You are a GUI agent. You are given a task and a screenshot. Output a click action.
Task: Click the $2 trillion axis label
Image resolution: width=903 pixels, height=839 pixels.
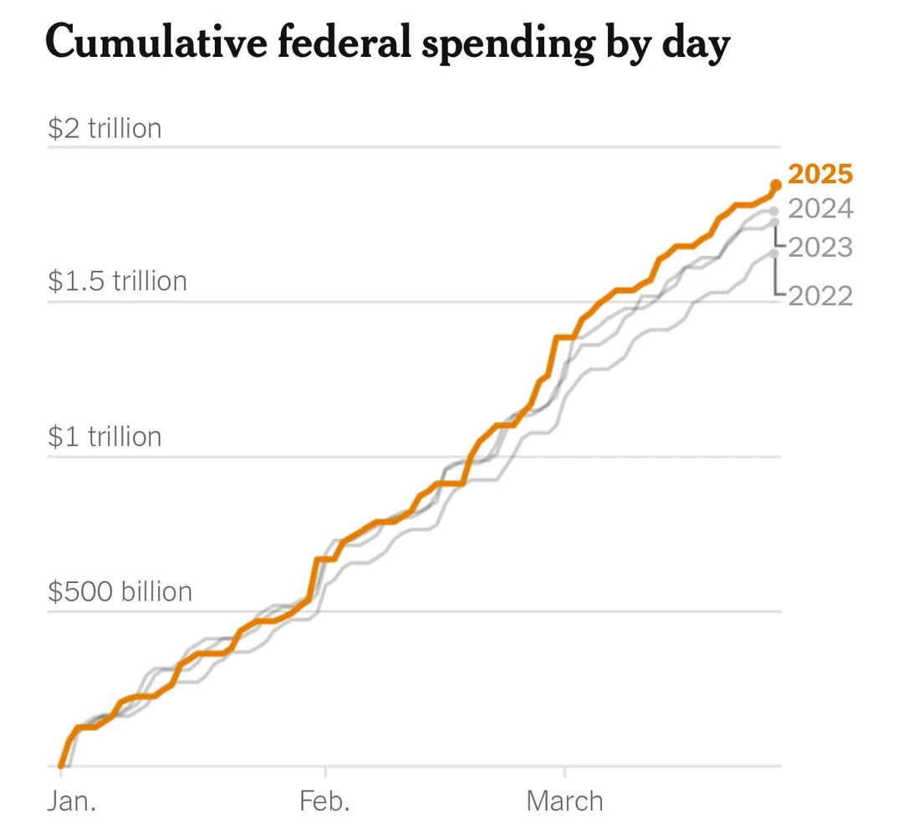[x=105, y=129]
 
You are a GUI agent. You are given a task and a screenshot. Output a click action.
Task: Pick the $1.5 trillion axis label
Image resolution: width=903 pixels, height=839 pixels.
[x=117, y=281]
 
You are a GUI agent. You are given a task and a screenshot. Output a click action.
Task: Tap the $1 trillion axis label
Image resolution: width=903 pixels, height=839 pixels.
[x=105, y=437]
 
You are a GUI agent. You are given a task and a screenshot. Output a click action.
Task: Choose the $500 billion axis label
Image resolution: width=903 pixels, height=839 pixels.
[x=120, y=591]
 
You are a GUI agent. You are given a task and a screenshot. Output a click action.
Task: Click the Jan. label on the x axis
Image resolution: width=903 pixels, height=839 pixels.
[x=71, y=801]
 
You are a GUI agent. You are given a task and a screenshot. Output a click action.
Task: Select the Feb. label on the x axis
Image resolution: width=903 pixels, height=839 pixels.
[x=324, y=801]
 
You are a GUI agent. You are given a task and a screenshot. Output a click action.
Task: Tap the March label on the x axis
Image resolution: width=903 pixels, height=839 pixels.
[x=564, y=801]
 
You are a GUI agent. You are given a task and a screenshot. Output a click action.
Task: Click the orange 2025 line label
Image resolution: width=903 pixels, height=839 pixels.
[x=820, y=174]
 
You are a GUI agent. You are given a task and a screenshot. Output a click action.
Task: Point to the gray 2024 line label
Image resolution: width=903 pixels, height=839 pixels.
[x=820, y=208]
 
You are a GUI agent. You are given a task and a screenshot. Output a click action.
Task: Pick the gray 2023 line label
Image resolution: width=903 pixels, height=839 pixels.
[x=820, y=248]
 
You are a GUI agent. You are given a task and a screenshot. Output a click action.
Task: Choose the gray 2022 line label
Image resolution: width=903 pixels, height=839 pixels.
[x=820, y=295]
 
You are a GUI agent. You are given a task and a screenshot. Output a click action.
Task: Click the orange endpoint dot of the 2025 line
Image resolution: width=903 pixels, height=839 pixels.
[x=775, y=185]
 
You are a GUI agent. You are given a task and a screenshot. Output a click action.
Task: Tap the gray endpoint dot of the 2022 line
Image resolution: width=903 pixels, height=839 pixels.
[x=775, y=253]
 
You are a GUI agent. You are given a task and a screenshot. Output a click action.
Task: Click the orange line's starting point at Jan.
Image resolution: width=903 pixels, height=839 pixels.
[x=61, y=765]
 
